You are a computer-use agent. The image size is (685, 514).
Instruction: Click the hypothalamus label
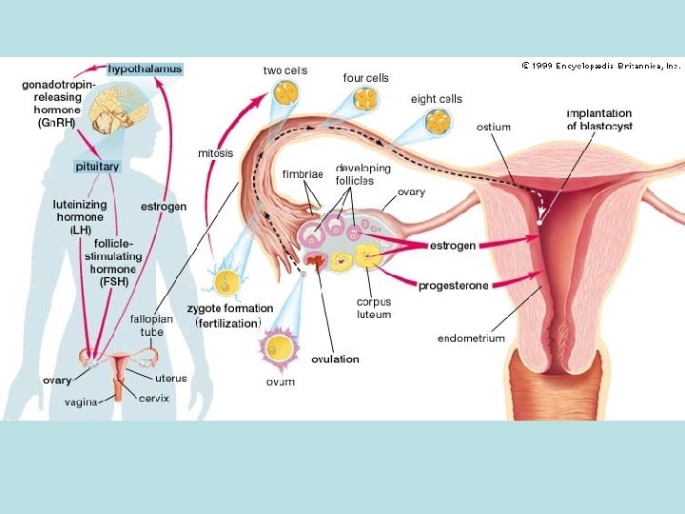pos(144,69)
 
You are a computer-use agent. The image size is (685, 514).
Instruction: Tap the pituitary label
pos(97,166)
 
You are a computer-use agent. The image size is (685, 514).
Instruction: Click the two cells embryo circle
pos(284,93)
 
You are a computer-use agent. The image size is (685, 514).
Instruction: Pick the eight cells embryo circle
pos(438,122)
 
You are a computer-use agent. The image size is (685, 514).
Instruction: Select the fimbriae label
pos(303,174)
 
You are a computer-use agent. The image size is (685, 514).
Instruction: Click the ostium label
pos(494,127)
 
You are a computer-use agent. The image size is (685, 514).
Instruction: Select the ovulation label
pos(336,359)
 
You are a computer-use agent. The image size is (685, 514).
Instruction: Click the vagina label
pos(81,402)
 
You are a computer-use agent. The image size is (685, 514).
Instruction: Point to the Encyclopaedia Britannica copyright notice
pos(600,67)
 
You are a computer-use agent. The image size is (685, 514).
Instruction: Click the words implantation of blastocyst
pos(599,120)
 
